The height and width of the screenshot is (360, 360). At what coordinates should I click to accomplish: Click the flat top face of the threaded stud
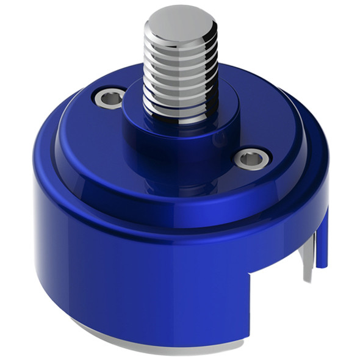pyautogui.click(x=181, y=24)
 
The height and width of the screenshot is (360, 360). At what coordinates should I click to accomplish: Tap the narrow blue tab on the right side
pyautogui.click(x=322, y=238)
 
